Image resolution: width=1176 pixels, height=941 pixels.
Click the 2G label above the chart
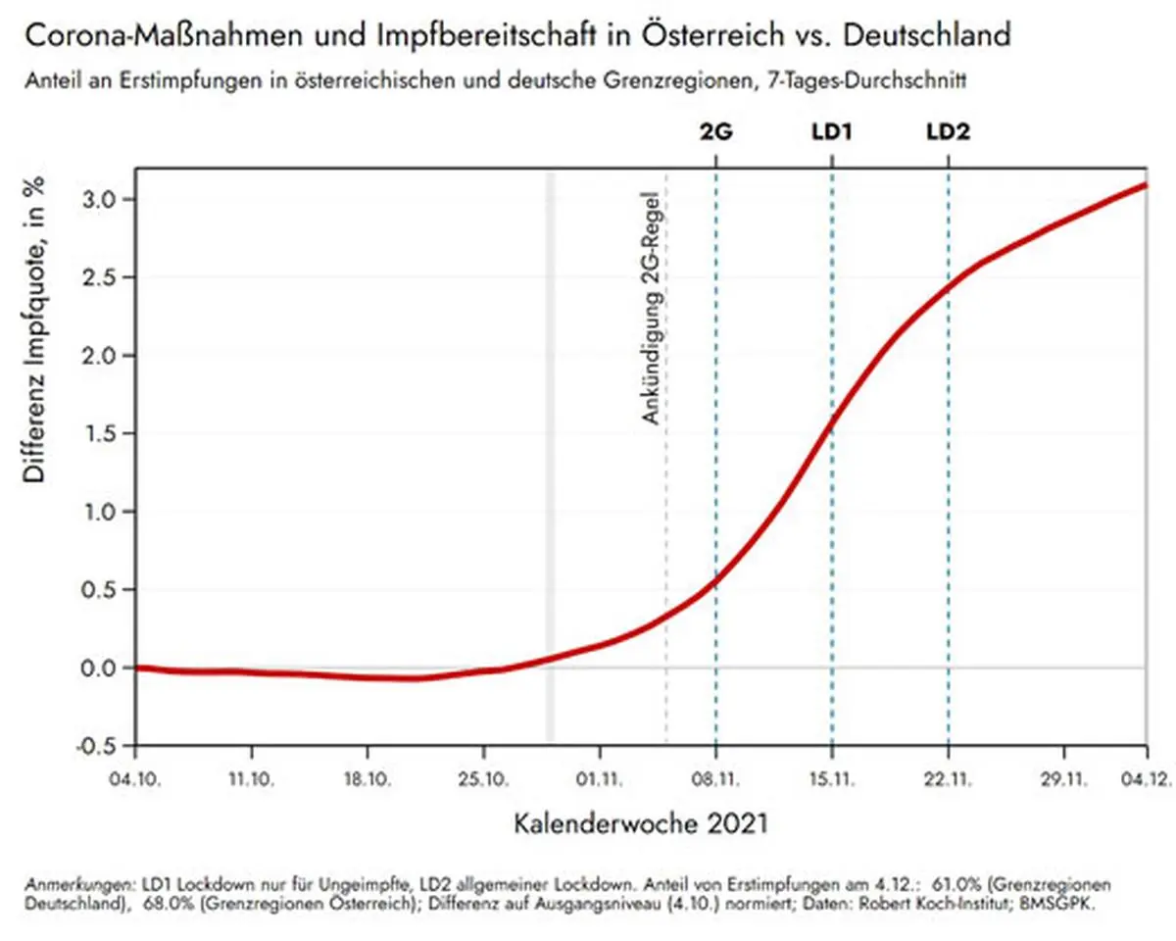tap(715, 132)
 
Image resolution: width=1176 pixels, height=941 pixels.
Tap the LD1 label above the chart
tap(831, 132)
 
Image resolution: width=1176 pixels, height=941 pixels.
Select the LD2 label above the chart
tap(948, 132)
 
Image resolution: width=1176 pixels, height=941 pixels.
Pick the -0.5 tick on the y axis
tap(100, 746)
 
